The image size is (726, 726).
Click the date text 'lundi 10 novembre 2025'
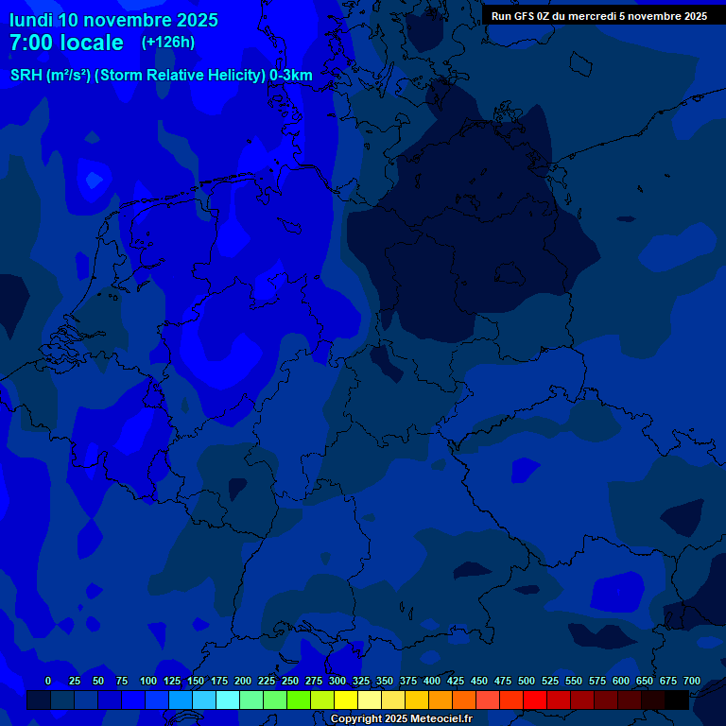(113, 20)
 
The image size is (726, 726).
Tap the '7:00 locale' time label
(66, 43)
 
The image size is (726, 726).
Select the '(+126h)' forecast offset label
(167, 43)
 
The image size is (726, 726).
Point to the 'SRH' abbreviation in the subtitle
(26, 76)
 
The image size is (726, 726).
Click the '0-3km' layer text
(291, 76)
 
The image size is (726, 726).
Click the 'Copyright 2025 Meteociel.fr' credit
(401, 718)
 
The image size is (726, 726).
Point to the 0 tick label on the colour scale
(48, 681)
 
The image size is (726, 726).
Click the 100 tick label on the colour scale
(148, 681)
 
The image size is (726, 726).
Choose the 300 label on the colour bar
(337, 681)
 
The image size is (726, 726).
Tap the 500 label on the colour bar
(527, 681)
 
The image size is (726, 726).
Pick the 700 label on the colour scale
(692, 681)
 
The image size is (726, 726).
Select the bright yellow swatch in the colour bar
(346, 700)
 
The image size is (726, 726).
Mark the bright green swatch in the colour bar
(299, 700)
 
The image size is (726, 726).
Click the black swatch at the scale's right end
(677, 700)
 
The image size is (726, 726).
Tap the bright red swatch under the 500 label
(535, 700)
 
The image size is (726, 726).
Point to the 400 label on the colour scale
(432, 681)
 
